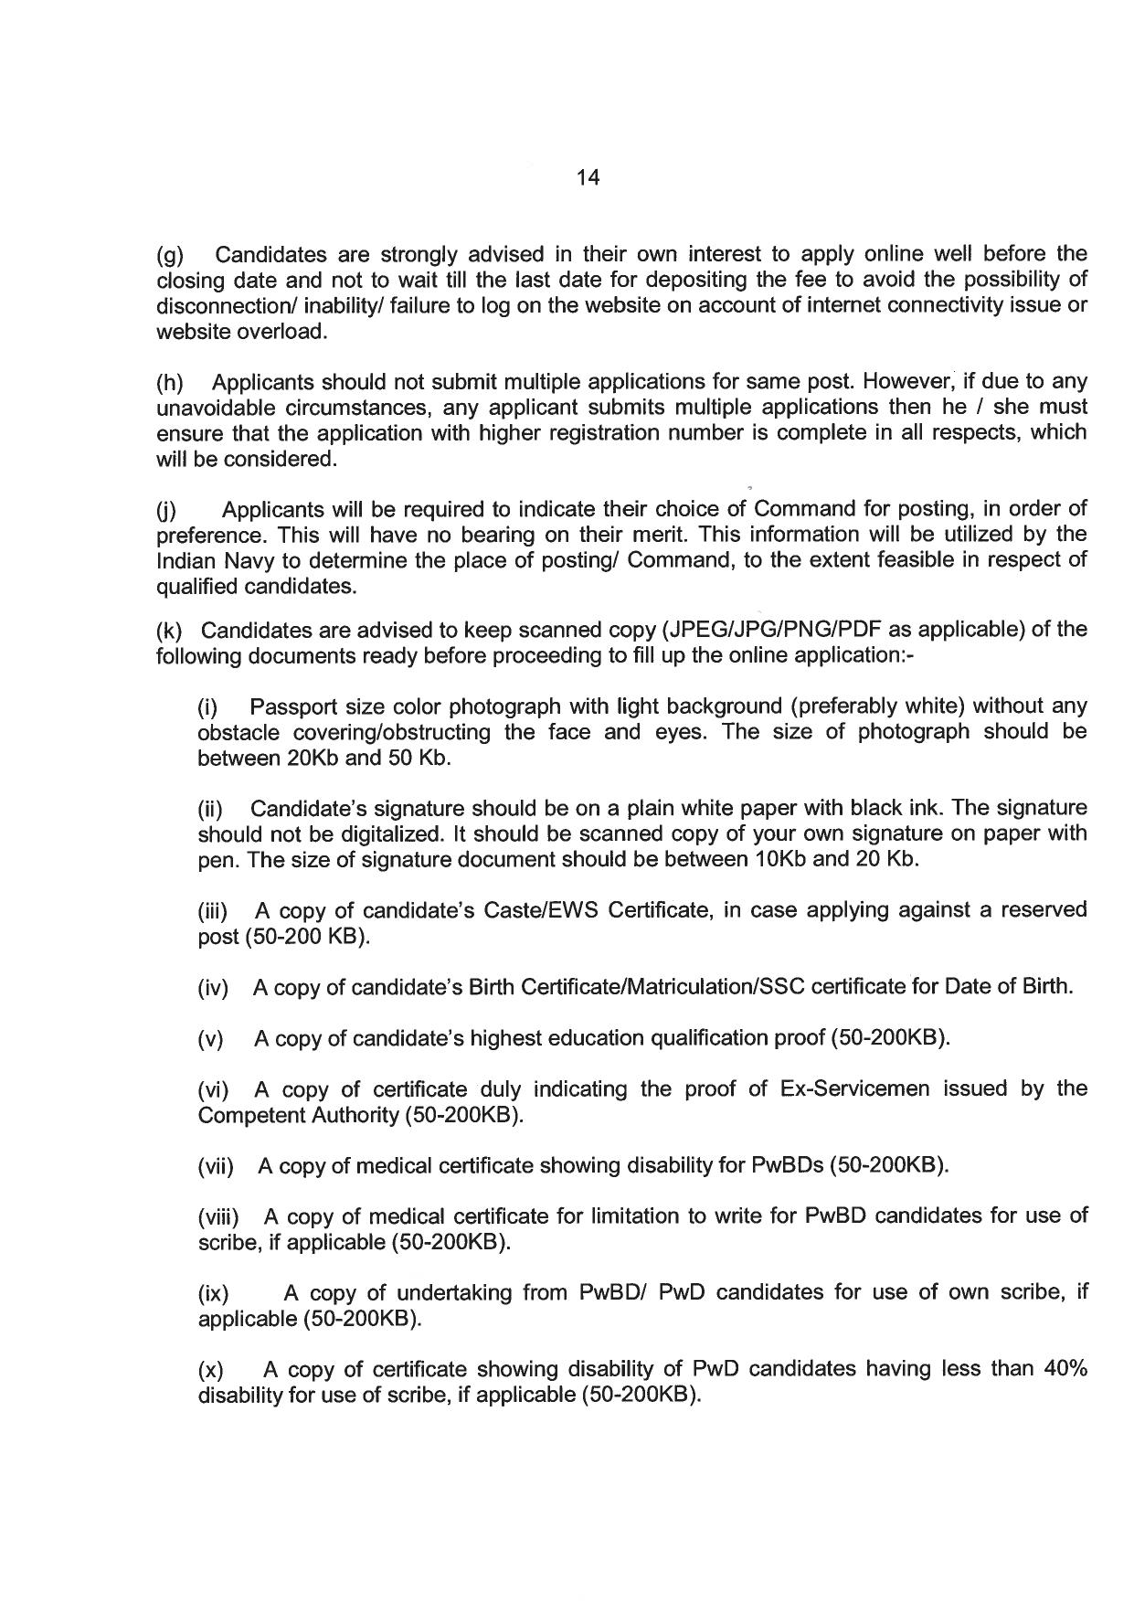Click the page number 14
[588, 178]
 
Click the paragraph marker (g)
[170, 254]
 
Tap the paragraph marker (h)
[170, 381]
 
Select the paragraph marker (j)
[168, 509]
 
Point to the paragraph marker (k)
[170, 631]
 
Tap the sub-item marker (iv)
[213, 988]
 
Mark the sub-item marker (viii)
[218, 1217]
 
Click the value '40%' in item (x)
[1065, 1370]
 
